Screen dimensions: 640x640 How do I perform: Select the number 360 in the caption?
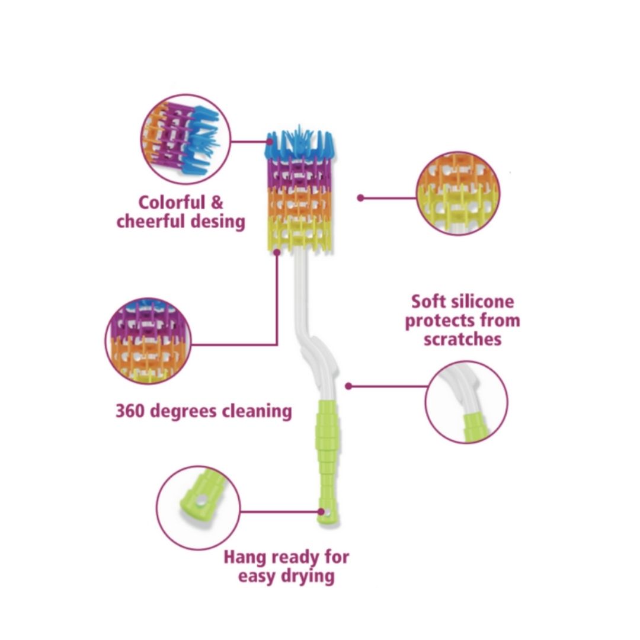pyautogui.click(x=130, y=411)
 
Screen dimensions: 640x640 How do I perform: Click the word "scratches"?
pyautogui.click(x=462, y=339)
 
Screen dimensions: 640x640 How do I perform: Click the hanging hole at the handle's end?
pyautogui.click(x=322, y=511)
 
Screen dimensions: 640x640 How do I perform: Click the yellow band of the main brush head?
pyautogui.click(x=301, y=232)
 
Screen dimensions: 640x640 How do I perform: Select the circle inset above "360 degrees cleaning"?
pyautogui.click(x=148, y=341)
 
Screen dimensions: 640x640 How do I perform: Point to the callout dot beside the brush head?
pyautogui.click(x=360, y=198)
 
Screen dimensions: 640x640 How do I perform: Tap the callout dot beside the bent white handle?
pyautogui.click(x=348, y=386)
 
